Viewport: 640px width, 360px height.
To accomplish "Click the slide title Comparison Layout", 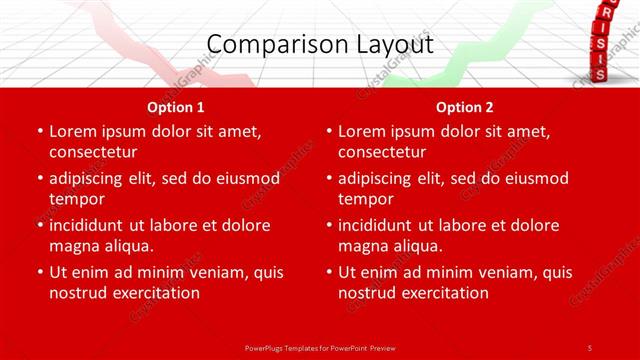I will [320, 45].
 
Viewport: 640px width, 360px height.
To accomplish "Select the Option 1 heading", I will [176, 107].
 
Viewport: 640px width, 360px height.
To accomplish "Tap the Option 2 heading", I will [465, 107].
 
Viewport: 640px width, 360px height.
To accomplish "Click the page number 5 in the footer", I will [590, 347].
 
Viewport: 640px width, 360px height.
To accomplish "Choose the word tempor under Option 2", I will [365, 199].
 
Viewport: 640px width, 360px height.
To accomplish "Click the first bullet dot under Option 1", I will [38, 132].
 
